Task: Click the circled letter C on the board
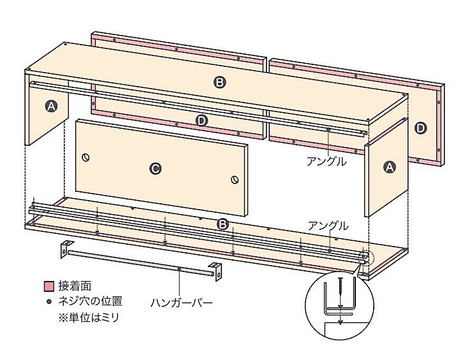pos(155,169)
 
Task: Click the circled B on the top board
pos(219,82)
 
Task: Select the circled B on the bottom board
pos(223,224)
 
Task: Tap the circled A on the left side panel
pos(51,106)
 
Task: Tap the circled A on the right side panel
pos(389,168)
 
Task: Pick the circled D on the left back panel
pos(202,120)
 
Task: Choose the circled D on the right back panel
pos(420,128)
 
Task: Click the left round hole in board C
pos(85,157)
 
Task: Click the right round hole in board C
pos(235,180)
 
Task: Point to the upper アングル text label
pos(327,162)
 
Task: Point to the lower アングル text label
pos(328,226)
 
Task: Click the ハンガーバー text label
pos(181,303)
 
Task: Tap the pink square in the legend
pos(49,286)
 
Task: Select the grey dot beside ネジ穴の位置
pos(49,301)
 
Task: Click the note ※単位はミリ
pos(89,317)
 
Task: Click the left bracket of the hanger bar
pos(67,248)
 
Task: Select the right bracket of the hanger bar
pos(216,271)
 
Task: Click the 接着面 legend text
pos(75,286)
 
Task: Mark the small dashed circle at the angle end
pos(366,257)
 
